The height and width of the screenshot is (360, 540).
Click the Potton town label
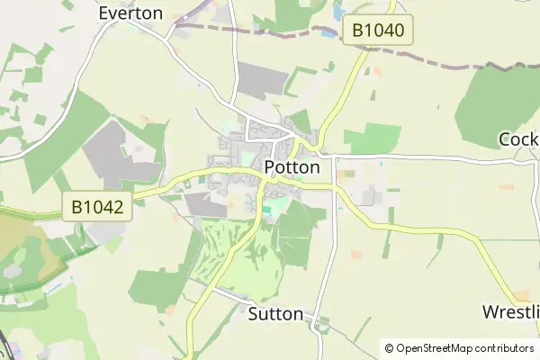click(292, 167)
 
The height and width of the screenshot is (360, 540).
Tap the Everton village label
click(130, 13)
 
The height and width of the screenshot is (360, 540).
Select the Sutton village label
click(275, 314)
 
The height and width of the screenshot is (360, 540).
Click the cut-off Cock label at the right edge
click(518, 139)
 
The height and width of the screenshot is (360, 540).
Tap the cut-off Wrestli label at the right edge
click(510, 312)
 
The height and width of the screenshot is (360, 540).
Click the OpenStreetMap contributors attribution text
click(464, 348)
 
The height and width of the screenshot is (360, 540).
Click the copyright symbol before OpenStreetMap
click(389, 348)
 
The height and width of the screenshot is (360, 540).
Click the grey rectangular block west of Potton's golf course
click(207, 208)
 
